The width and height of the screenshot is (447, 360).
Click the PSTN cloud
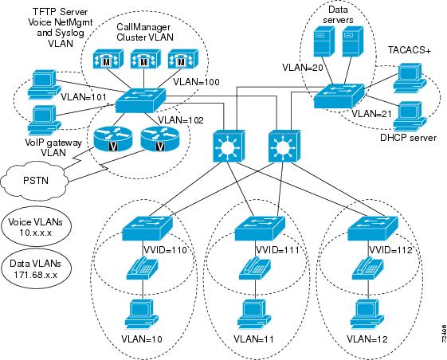pos(35,179)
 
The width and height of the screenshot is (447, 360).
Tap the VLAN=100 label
pos(197,82)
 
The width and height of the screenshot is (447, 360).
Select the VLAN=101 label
pos(84,97)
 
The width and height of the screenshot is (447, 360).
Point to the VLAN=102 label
pos(181,120)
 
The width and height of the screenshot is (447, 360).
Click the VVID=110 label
pos(165,250)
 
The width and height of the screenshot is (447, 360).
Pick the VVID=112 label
pos(391,250)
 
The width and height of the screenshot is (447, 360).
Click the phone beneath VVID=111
pos(254,268)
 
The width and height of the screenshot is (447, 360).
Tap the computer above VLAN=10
pos(142,315)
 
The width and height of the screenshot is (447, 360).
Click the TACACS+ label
pos(410,50)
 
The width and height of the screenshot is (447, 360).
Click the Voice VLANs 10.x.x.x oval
pos(35,227)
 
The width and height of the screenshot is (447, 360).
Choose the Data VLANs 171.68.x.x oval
pos(35,268)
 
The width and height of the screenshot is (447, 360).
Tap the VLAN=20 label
pos(303,68)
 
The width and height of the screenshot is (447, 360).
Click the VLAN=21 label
pos(372,114)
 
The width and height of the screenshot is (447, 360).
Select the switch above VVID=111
pos(260,229)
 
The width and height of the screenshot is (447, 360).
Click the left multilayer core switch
pos(229,147)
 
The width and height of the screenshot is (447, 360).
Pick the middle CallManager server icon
pos(143,59)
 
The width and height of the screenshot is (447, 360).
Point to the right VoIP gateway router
pos(160,139)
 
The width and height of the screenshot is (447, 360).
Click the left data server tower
pos(324,41)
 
